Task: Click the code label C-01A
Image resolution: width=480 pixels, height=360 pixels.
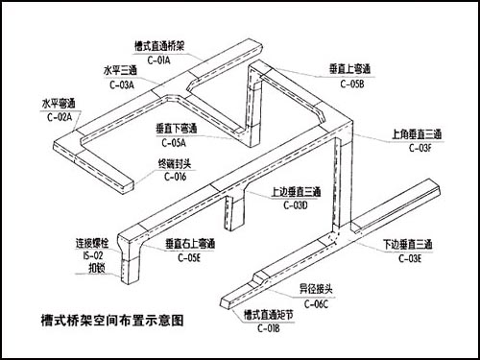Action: coord(162,60)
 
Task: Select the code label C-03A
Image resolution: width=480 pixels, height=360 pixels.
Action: coord(120,84)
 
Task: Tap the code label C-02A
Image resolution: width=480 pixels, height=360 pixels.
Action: coord(60,116)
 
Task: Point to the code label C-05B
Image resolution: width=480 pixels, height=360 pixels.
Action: coord(351,84)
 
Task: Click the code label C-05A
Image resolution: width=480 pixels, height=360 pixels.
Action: coord(178,142)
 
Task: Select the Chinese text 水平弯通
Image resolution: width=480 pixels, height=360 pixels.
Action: coord(60,103)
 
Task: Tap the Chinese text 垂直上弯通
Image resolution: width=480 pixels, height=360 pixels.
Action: coord(350,71)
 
